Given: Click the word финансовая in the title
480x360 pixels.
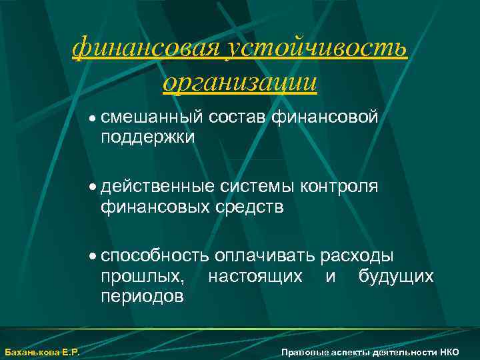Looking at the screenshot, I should click(x=146, y=48).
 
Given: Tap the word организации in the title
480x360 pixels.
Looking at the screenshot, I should click(x=240, y=83).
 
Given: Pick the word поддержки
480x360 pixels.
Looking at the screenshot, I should click(x=148, y=137).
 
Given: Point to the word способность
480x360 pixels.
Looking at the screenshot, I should click(x=156, y=256).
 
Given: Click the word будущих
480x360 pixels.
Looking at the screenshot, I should click(x=396, y=275).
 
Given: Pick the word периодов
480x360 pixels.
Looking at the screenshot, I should click(x=142, y=295).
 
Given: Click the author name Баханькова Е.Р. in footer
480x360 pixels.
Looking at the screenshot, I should click(x=42, y=352).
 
